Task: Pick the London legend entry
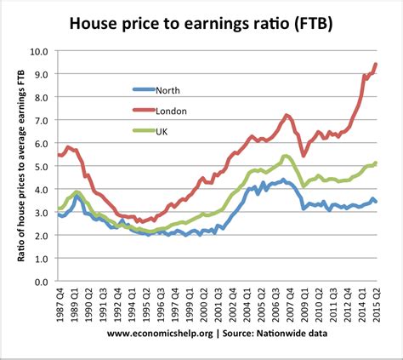173,110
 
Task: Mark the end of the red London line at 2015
376,65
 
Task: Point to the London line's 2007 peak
287,115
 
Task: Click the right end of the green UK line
376,163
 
